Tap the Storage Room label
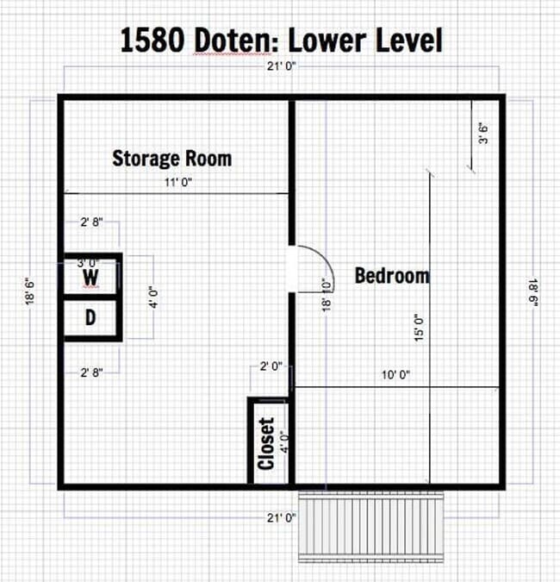point(171,159)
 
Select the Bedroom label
point(392,276)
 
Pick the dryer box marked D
point(90,317)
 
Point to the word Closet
point(266,443)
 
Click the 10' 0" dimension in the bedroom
point(395,375)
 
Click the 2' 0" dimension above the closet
point(271,366)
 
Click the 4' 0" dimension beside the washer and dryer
point(153,297)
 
